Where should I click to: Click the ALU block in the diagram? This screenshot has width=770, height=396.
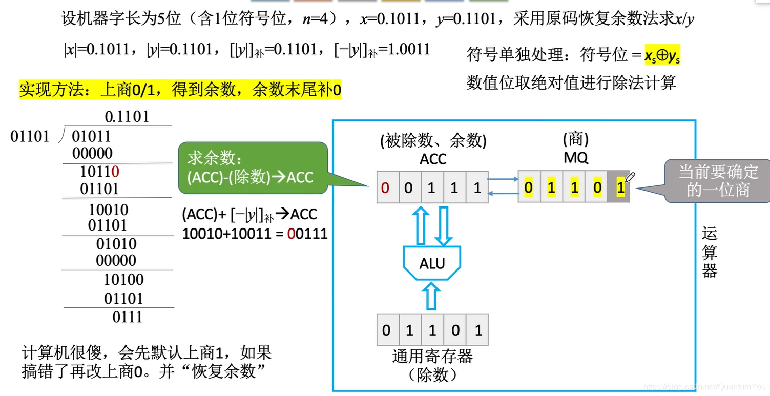(432, 263)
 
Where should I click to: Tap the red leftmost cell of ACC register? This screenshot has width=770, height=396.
(386, 188)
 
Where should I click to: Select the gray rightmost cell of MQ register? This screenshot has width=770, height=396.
(620, 188)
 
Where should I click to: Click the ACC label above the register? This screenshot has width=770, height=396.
(433, 159)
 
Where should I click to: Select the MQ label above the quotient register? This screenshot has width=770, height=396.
(575, 158)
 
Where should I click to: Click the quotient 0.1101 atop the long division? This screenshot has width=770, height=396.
(127, 117)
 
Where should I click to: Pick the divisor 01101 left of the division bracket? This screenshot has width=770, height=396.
(30, 137)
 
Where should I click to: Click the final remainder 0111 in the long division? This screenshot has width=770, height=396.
(127, 317)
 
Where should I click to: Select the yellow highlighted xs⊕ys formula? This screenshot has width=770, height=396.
(662, 55)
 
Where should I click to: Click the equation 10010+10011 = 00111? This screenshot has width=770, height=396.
(255, 234)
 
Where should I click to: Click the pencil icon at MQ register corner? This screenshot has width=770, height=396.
(630, 177)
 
